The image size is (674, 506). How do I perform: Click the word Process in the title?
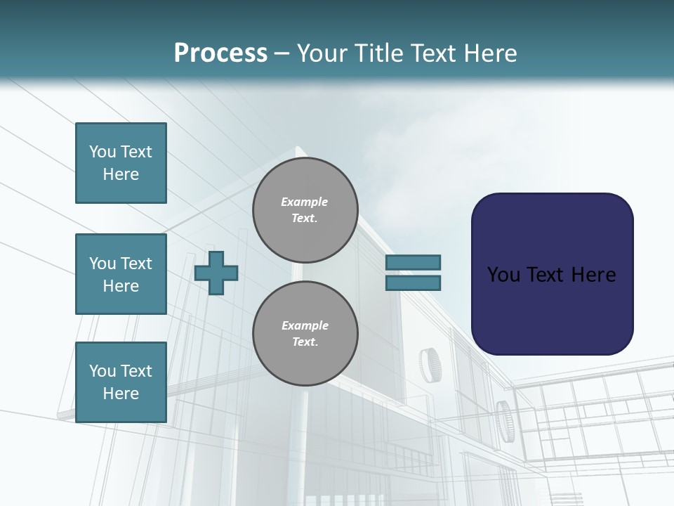pos(220,53)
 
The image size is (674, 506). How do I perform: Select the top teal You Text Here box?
pos(121,163)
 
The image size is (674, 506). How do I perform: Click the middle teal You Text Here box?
pos(121,274)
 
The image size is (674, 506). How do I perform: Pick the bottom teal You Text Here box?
pos(121,382)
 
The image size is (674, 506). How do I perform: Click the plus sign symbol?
pos(216,273)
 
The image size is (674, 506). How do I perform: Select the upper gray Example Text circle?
pos(305,210)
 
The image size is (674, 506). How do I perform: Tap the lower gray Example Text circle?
pos(305,334)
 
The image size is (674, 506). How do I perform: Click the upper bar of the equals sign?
pos(413,262)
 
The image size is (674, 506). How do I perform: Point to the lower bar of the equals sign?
pos(413,283)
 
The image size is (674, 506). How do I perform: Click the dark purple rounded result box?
pos(552,274)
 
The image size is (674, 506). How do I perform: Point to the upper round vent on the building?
pos(428,364)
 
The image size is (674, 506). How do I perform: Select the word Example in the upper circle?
pos(305,202)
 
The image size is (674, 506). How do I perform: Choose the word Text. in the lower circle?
pos(305,342)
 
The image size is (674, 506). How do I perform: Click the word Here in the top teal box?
pos(121,174)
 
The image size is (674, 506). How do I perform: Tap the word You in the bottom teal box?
pos(103,371)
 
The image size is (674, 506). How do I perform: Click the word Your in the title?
pos(323,53)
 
